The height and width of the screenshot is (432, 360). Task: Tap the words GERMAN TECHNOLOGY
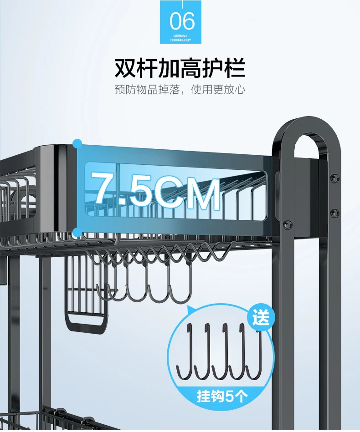point(180,38)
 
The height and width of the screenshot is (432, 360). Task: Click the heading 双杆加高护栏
point(180,68)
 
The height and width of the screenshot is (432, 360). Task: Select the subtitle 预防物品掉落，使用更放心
point(180,90)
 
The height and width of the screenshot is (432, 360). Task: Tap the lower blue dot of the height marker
point(77,233)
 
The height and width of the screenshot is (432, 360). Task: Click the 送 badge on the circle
point(261,317)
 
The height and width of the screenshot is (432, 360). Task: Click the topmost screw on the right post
point(334,178)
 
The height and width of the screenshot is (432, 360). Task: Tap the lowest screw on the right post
point(288,224)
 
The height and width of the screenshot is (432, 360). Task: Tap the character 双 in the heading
point(125,68)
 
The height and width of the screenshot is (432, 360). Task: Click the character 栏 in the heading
point(235,68)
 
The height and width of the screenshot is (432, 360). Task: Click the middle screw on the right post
point(334,213)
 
